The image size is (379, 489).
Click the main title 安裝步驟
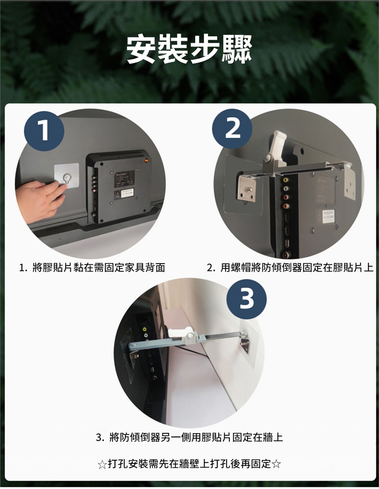click(189, 49)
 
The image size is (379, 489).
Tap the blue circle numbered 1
click(44, 131)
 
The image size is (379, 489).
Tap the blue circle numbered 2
click(232, 129)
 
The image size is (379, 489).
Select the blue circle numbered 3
click(246, 299)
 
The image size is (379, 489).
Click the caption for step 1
click(92, 267)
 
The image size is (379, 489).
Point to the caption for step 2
click(290, 267)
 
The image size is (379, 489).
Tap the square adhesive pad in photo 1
click(66, 175)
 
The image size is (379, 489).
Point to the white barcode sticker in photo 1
click(128, 193)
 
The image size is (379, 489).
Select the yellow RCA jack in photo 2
click(286, 180)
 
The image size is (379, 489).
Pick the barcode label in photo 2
click(328, 216)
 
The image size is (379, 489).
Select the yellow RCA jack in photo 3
click(144, 329)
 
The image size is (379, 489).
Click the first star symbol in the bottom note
click(102, 465)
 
